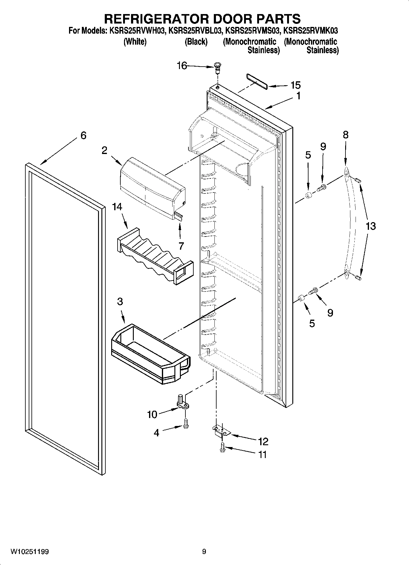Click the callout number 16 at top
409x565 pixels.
click(x=182, y=66)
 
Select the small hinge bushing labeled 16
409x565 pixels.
click(x=217, y=68)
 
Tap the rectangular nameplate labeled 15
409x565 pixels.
click(x=257, y=81)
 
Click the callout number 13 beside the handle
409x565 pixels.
click(x=370, y=226)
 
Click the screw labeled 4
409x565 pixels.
click(x=186, y=424)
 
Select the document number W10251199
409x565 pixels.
click(x=30, y=552)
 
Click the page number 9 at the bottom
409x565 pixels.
click(x=204, y=552)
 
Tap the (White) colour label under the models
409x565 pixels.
click(x=135, y=42)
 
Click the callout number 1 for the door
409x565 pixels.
click(x=298, y=96)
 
